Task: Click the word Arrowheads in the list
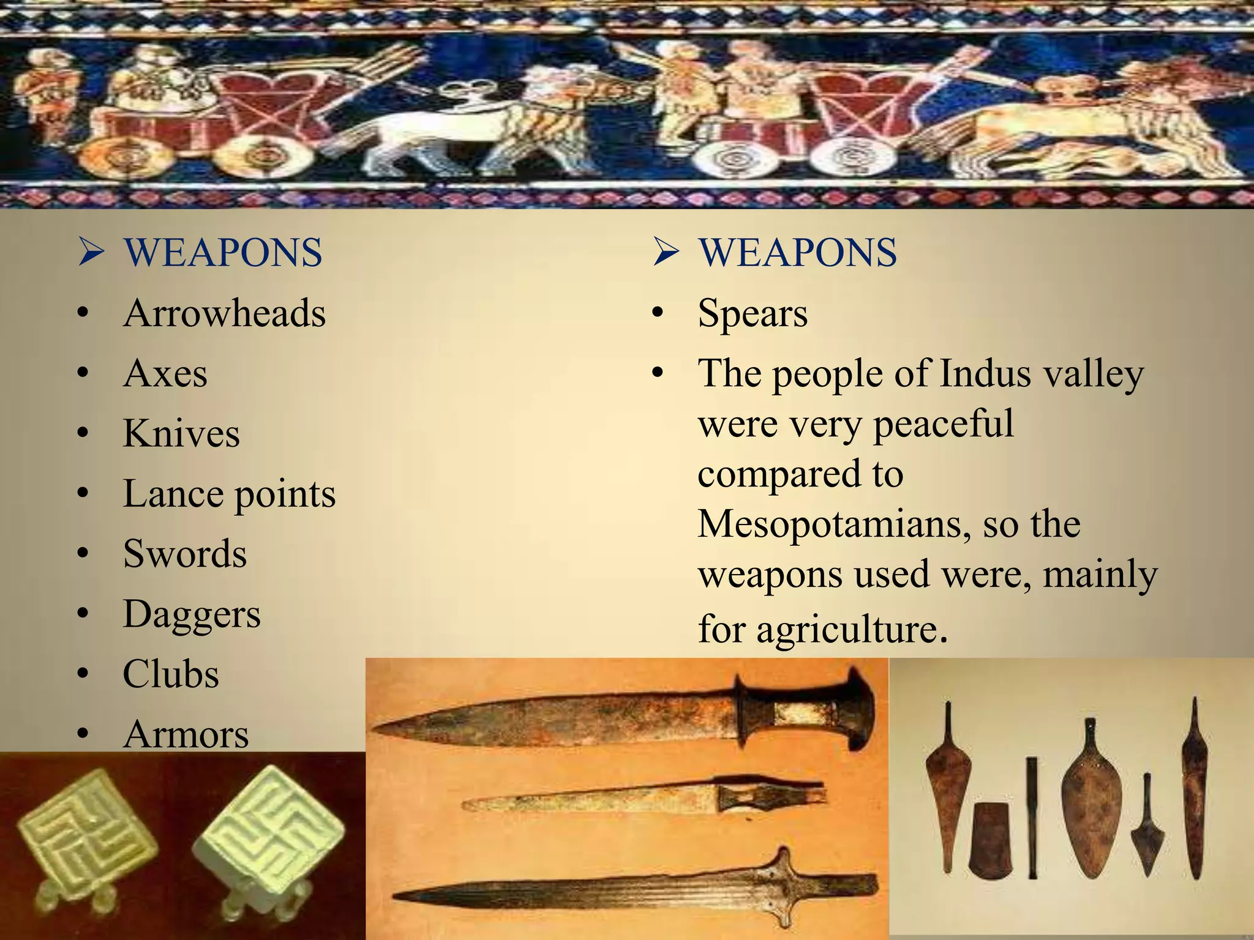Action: click(224, 313)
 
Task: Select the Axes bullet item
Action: click(165, 373)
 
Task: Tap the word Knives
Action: click(181, 433)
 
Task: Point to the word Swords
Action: click(185, 553)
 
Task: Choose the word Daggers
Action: click(192, 614)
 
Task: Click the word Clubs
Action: click(171, 674)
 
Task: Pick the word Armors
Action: click(186, 734)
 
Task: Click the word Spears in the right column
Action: click(753, 313)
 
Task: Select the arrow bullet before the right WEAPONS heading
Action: click(666, 252)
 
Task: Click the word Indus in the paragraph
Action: click(984, 373)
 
